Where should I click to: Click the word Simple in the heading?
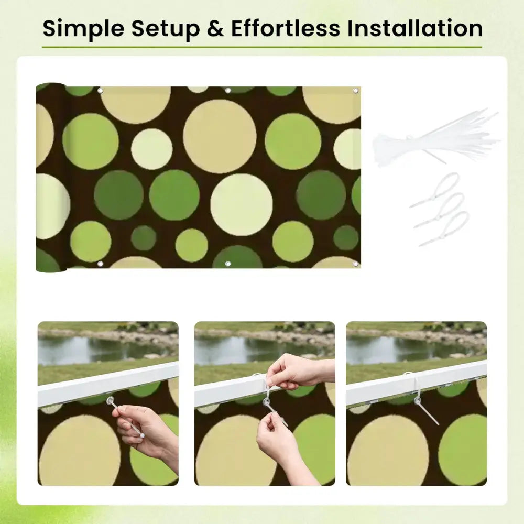coord(83,29)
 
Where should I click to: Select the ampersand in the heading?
coord(215,28)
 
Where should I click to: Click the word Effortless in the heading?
coord(286,28)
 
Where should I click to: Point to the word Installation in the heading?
coord(414,28)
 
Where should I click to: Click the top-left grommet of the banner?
coord(100,91)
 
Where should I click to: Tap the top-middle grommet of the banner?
coord(228,91)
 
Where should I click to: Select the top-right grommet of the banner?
coord(355,91)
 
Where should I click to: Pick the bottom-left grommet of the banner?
coord(100,264)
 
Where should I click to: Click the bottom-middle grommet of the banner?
coord(228,264)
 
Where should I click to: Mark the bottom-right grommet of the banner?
coord(355,264)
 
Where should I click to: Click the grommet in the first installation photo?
coord(110,400)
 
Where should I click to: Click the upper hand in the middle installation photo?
coord(298,371)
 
